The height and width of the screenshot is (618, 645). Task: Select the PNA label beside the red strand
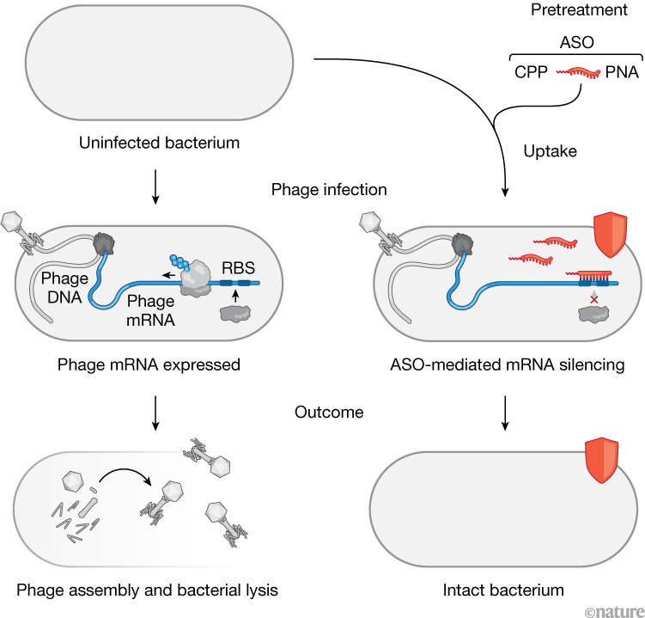point(621,73)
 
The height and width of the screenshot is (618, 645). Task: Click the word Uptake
point(551,150)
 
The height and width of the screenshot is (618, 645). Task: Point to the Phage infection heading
point(329,189)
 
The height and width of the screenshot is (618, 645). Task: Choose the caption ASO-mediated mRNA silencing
point(504,364)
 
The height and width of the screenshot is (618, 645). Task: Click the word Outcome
point(329,413)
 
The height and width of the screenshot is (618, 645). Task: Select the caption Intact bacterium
point(503,590)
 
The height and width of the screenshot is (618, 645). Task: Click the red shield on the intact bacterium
point(601,461)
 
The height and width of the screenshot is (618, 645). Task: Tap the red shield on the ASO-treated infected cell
point(611,237)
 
